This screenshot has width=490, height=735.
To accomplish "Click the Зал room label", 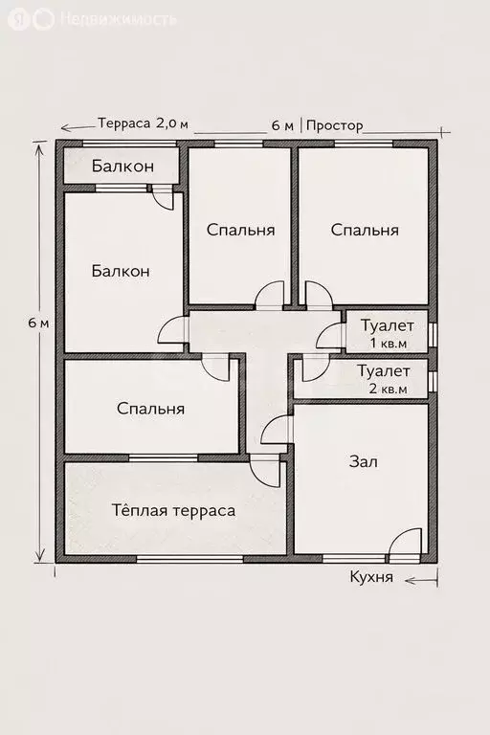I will pyautogui.click(x=363, y=461).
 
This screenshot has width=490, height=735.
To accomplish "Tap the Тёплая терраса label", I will pyautogui.click(x=173, y=510).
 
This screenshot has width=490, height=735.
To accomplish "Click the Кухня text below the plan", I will pyautogui.click(x=371, y=579).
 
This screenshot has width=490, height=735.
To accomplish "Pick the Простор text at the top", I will pyautogui.click(x=336, y=125).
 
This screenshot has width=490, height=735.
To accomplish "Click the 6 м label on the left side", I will pyautogui.click(x=38, y=323).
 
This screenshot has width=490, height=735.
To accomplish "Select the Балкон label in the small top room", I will pyautogui.click(x=122, y=166).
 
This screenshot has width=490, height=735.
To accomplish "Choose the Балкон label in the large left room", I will pyautogui.click(x=121, y=271).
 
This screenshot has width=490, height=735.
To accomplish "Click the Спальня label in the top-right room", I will pyautogui.click(x=365, y=230).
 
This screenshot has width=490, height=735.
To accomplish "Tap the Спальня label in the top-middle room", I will pyautogui.click(x=241, y=230).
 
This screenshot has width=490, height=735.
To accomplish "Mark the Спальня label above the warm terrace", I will pyautogui.click(x=150, y=409).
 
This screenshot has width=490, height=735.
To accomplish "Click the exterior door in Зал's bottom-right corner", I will pyautogui.click(x=405, y=546).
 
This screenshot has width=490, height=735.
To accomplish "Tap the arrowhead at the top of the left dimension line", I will pyautogui.click(x=39, y=145).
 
